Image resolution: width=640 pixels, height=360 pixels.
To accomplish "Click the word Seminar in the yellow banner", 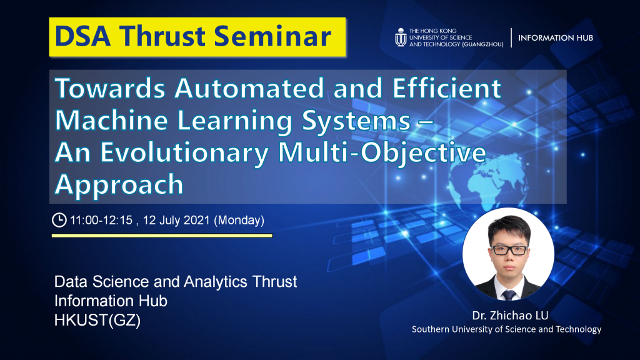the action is pyautogui.click(x=272, y=36).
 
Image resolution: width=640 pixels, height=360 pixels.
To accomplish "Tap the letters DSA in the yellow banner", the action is pyautogui.click(x=82, y=36).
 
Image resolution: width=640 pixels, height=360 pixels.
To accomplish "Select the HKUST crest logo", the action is pyautogui.click(x=401, y=37).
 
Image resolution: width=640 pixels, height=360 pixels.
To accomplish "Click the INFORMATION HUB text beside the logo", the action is pyautogui.click(x=556, y=38).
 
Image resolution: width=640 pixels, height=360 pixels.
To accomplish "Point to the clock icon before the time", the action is pyautogui.click(x=59, y=220).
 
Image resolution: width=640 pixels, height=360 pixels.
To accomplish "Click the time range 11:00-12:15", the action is pyautogui.click(x=101, y=221).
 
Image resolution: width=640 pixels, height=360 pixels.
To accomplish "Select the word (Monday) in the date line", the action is pyautogui.click(x=239, y=221).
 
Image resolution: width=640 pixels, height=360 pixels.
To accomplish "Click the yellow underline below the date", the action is pyautogui.click(x=162, y=236).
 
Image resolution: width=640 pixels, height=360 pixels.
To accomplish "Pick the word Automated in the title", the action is pyautogui.click(x=249, y=88).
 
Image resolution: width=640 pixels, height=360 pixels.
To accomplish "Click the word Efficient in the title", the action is pyautogui.click(x=447, y=88).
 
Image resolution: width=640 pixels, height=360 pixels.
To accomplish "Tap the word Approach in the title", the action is pyautogui.click(x=119, y=184).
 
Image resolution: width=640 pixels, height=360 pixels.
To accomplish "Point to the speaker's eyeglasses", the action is pyautogui.click(x=509, y=250).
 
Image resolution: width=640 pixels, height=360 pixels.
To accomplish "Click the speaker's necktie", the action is pyautogui.click(x=509, y=294).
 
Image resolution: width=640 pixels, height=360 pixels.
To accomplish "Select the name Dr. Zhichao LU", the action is pyautogui.click(x=510, y=316).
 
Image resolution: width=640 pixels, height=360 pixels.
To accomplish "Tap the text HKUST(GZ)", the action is pyautogui.click(x=97, y=321).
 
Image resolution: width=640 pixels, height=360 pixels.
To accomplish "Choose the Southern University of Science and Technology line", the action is pyautogui.click(x=506, y=329).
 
